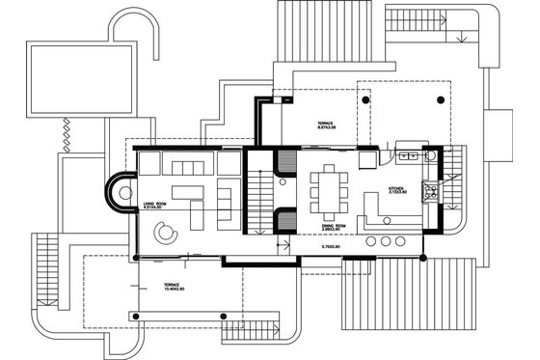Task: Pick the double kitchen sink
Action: point(406,154)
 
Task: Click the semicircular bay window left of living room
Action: point(121,192)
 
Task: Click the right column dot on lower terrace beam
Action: point(225,318)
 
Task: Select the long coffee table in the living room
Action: point(194,210)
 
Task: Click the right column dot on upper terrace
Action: point(440,98)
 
